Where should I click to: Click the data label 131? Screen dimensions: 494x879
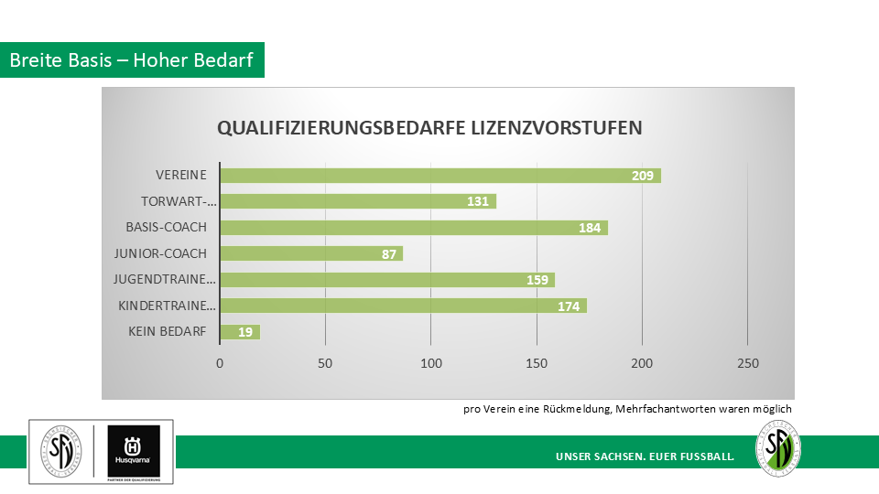[478, 201]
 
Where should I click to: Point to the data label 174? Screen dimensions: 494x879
[569, 306]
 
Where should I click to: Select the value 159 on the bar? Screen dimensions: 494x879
[537, 280]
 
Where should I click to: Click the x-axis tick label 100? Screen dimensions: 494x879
[431, 363]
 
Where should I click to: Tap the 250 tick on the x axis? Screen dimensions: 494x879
[748, 363]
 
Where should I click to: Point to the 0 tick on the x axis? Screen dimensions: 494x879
[220, 363]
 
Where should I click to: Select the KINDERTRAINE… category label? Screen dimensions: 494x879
[168, 306]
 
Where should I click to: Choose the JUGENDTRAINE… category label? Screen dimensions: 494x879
[165, 280]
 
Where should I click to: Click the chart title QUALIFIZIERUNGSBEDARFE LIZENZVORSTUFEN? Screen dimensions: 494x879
[429, 128]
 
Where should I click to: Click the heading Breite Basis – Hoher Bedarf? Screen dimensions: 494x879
[133, 60]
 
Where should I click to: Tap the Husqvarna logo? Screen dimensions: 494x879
[133, 451]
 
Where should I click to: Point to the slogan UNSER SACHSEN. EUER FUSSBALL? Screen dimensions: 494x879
[645, 456]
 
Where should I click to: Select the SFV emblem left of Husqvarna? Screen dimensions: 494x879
[60, 450]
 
